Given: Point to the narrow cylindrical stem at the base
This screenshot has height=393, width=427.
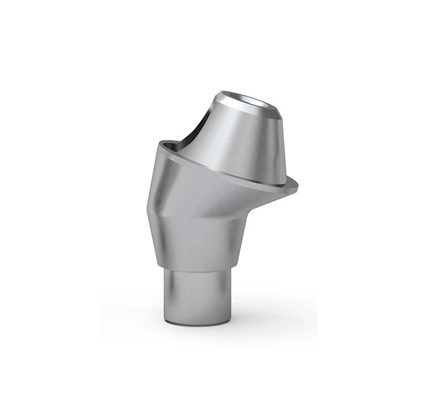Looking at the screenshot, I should (x=200, y=295).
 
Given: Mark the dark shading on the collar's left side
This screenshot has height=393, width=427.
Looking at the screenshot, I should (x=165, y=243).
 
